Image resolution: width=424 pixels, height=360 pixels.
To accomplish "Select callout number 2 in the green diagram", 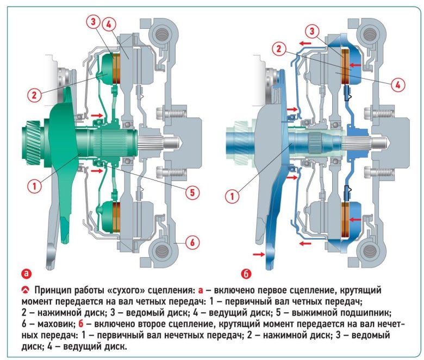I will tap(34, 95).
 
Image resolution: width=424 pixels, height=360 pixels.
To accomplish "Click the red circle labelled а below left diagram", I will tap(26, 272).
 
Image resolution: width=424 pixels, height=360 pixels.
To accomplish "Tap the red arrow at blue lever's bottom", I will tap(256, 253).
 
